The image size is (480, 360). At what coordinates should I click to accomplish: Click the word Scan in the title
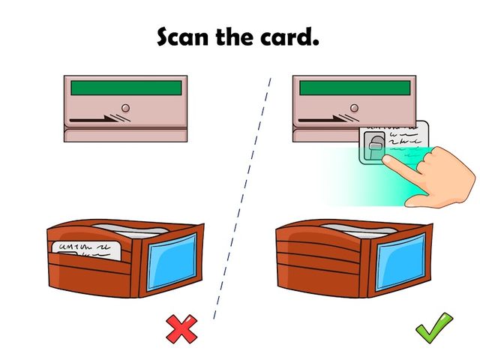point(182,37)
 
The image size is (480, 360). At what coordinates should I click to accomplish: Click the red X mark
point(181,328)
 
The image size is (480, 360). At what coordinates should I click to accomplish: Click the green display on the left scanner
point(126,88)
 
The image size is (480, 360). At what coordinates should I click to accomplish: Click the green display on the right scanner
point(355,88)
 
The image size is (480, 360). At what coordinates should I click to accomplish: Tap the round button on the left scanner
point(125,108)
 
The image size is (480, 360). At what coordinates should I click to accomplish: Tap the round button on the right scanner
point(354,108)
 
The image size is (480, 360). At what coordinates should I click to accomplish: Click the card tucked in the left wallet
point(86,250)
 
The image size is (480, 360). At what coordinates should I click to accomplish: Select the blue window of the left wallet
point(172,262)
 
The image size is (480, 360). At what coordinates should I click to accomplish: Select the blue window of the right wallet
point(400,262)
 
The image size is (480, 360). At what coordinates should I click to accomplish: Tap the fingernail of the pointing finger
point(387,159)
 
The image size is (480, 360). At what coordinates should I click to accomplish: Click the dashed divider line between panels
point(242,198)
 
